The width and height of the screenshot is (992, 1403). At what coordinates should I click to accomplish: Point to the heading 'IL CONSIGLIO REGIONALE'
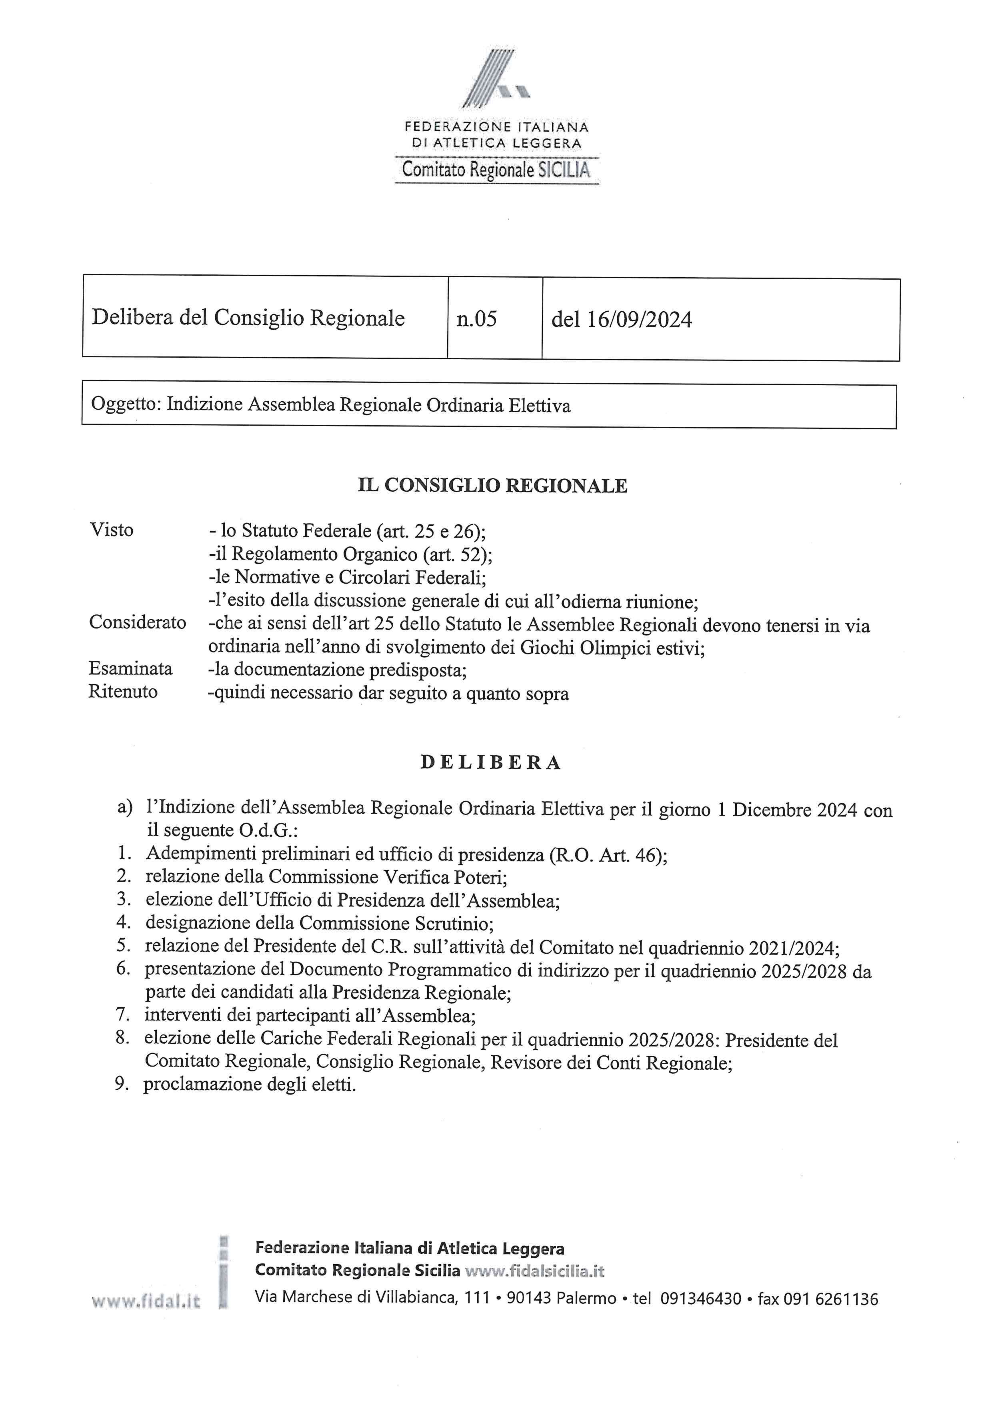point(492,486)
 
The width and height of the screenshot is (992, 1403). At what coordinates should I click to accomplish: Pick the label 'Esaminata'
point(131,669)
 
